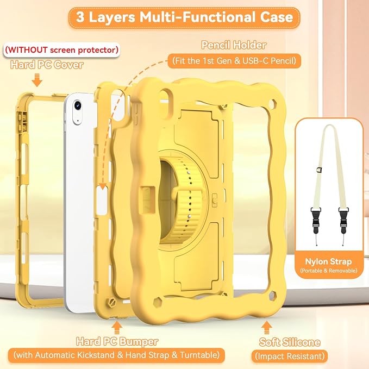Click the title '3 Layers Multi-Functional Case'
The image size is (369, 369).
click(x=184, y=17)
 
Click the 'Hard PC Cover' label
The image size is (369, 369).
click(x=47, y=65)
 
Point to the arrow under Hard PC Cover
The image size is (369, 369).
click(x=37, y=80)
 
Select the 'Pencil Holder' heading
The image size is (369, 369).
click(x=234, y=45)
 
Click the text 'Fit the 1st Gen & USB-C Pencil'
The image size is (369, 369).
click(x=234, y=61)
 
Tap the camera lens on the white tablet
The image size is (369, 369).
click(x=78, y=105)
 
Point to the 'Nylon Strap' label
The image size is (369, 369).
click(x=328, y=261)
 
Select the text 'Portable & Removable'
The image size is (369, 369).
click(x=329, y=271)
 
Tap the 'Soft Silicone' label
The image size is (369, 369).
click(x=290, y=342)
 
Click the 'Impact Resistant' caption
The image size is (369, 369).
click(x=290, y=357)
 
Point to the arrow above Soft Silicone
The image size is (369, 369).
click(x=266, y=327)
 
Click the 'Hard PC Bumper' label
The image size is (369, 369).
click(x=117, y=342)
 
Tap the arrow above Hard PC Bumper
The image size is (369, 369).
click(x=117, y=328)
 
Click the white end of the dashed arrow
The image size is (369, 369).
click(x=102, y=186)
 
